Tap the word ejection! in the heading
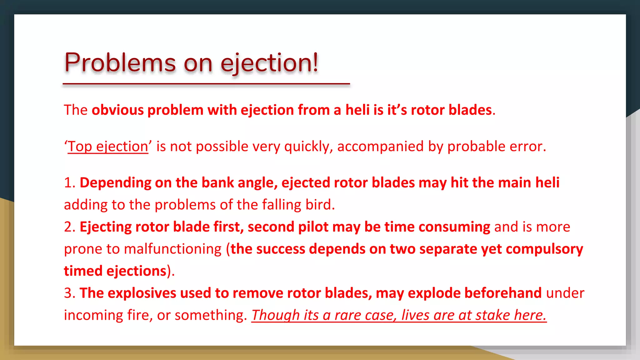(x=269, y=63)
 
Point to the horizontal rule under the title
(x=206, y=84)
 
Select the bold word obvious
(x=117, y=110)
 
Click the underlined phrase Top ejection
(x=108, y=146)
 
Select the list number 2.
(x=69, y=227)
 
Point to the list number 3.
(x=69, y=293)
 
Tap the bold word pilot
(x=313, y=227)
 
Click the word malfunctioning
(x=172, y=249)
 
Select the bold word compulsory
(x=544, y=249)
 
